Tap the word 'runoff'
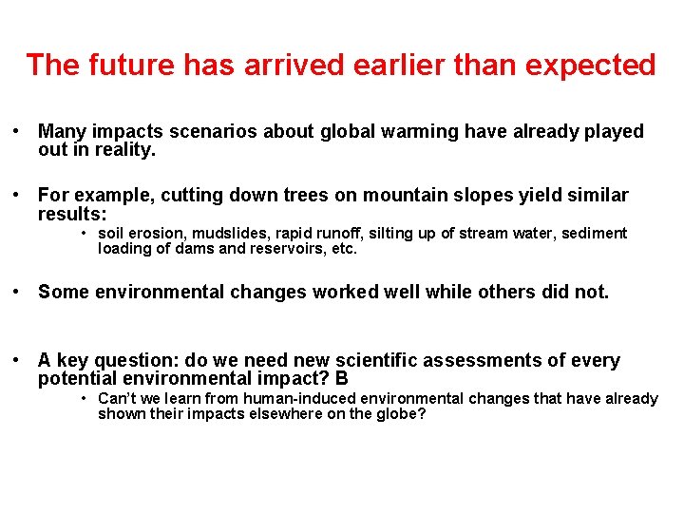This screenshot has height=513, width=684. pyautogui.click(x=342, y=234)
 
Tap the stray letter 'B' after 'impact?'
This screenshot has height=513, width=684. pyautogui.click(x=342, y=379)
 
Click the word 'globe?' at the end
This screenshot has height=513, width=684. pyautogui.click(x=402, y=415)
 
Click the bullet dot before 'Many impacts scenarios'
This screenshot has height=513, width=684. pyautogui.click(x=17, y=132)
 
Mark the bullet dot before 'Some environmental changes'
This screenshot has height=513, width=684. pyautogui.click(x=17, y=293)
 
